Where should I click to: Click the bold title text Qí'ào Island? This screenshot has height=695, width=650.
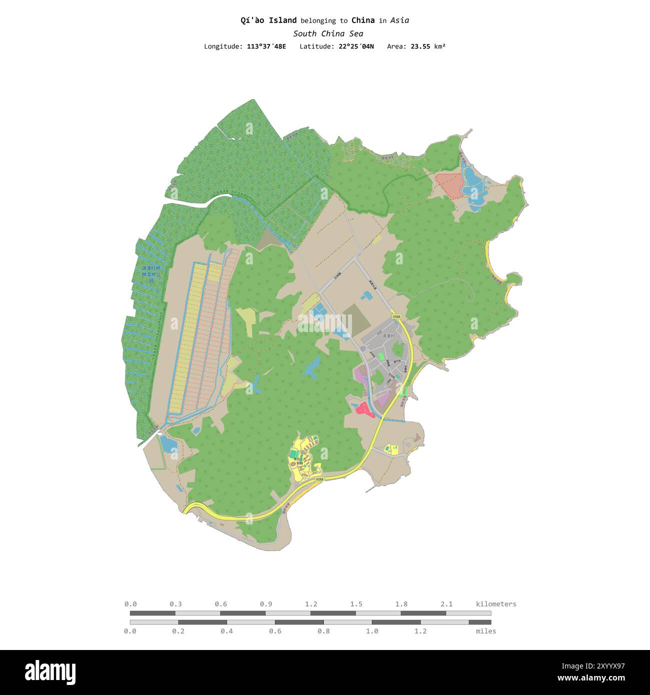268,20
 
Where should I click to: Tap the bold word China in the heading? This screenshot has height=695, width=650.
363,20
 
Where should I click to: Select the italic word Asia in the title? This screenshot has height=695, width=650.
399,20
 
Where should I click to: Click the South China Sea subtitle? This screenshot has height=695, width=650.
328,33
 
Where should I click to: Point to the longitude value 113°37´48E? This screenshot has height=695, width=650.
266,46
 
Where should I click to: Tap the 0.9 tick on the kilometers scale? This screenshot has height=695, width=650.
266,604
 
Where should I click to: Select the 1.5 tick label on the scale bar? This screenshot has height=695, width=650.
356,604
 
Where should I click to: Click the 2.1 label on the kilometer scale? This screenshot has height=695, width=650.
446,604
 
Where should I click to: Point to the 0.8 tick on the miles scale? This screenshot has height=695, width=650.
323,631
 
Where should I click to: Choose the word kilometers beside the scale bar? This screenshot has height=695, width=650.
496,604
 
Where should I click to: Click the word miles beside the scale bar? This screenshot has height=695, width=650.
486,631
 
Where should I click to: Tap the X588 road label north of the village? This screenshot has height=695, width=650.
396,316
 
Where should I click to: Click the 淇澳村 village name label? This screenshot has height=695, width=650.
388,336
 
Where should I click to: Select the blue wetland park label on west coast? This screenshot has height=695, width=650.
151,274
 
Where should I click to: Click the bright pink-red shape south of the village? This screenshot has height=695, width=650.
364,409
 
